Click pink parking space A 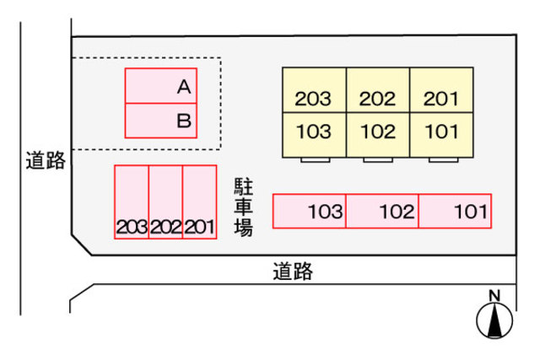[160, 86]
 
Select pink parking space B [160, 121]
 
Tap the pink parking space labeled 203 [132, 201]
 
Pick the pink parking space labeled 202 [165, 201]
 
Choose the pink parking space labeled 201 [199, 201]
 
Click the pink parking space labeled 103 [310, 211]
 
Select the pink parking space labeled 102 [382, 211]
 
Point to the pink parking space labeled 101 [455, 211]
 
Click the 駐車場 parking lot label [244, 207]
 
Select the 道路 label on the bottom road [293, 271]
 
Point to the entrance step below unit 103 [314, 159]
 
